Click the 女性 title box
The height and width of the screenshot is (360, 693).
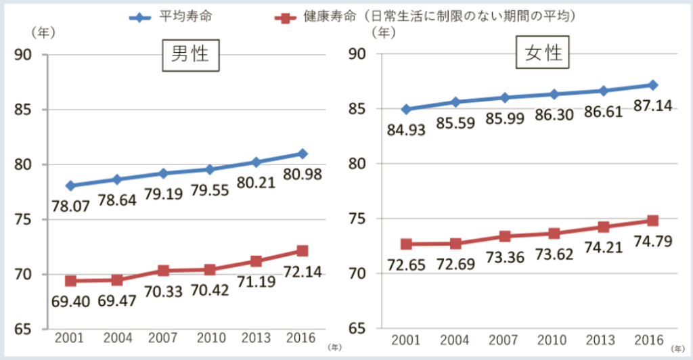(543, 53)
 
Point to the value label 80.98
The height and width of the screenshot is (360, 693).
(303, 175)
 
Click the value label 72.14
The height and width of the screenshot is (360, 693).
(303, 273)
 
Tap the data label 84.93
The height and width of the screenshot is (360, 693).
(406, 129)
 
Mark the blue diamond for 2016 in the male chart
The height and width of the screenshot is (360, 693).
(303, 154)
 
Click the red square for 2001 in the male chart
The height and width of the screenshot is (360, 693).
(70, 280)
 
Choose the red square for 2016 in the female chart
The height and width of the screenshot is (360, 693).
(652, 221)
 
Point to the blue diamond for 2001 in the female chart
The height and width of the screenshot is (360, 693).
(406, 109)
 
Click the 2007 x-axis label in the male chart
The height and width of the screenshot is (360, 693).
(163, 338)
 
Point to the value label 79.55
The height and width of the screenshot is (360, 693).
(210, 190)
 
